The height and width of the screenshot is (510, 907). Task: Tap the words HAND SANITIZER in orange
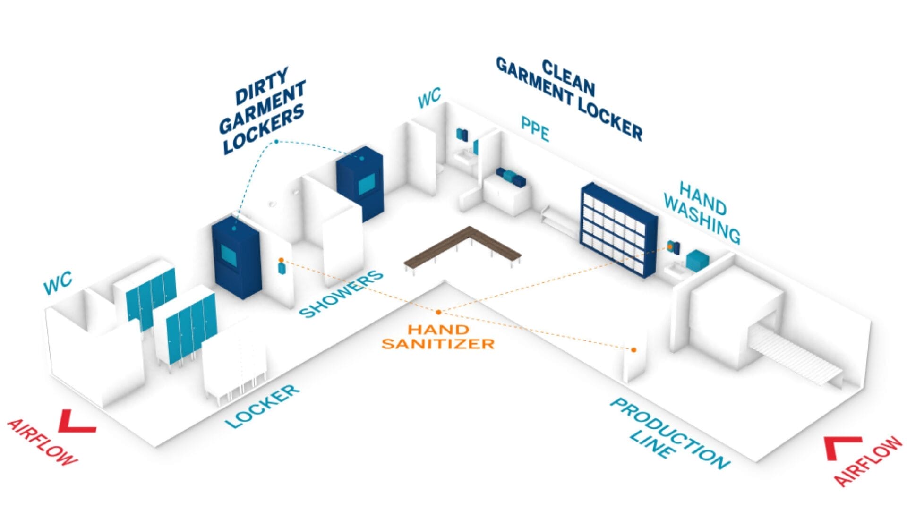click(x=438, y=337)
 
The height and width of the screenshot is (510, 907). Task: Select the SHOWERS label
click(x=341, y=293)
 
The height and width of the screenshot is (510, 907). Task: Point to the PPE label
click(x=535, y=128)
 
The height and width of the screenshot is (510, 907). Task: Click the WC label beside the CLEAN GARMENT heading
click(x=429, y=98)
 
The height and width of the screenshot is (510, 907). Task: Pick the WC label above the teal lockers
click(x=58, y=282)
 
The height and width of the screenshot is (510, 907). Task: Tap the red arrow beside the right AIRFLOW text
click(x=842, y=447)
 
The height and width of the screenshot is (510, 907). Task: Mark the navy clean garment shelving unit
click(x=619, y=230)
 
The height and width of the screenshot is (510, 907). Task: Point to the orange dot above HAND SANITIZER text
click(x=439, y=312)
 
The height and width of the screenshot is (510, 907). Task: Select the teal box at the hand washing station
click(x=696, y=260)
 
